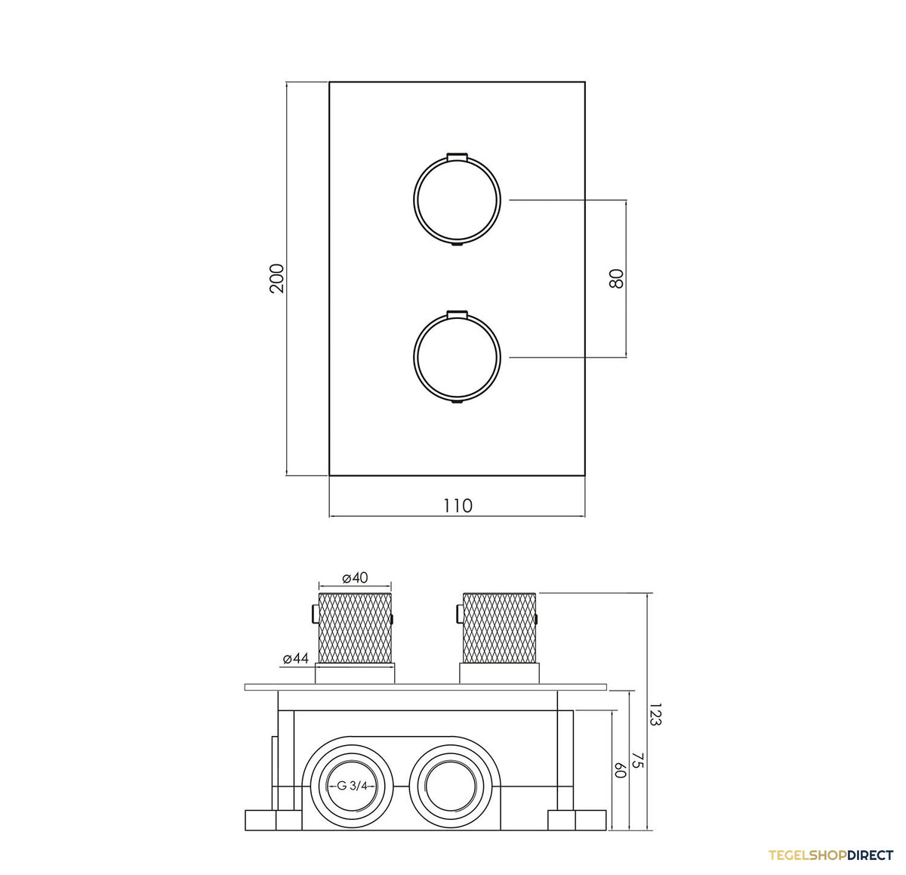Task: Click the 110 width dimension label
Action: pos(458,506)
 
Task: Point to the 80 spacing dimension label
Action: pos(616,279)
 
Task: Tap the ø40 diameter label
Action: pos(355,578)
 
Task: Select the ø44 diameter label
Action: pos(296,658)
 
